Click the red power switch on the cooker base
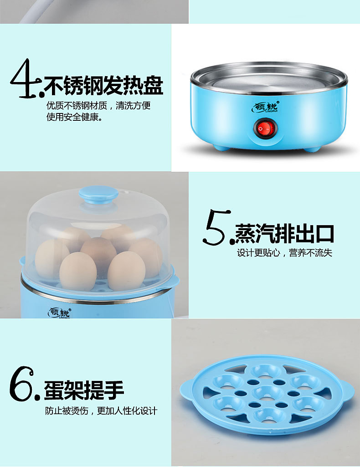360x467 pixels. pos(265,129)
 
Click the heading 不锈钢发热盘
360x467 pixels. pos(103,85)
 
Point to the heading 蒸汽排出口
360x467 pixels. pos(284,234)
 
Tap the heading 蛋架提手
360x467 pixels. pos(84,390)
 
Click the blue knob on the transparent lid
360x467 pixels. pos(98,195)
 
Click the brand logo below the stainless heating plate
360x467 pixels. pos(265,107)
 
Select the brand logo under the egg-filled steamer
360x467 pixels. pos(59,313)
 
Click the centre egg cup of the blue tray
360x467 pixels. pos(267,393)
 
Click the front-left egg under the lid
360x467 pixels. pos(78,271)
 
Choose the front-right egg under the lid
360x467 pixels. pos(126,271)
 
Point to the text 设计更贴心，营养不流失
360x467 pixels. pos(284,253)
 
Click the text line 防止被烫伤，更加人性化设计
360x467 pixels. pos(101,411)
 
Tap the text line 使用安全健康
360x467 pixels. pos(74,117)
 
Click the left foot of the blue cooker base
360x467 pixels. pos(221,147)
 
